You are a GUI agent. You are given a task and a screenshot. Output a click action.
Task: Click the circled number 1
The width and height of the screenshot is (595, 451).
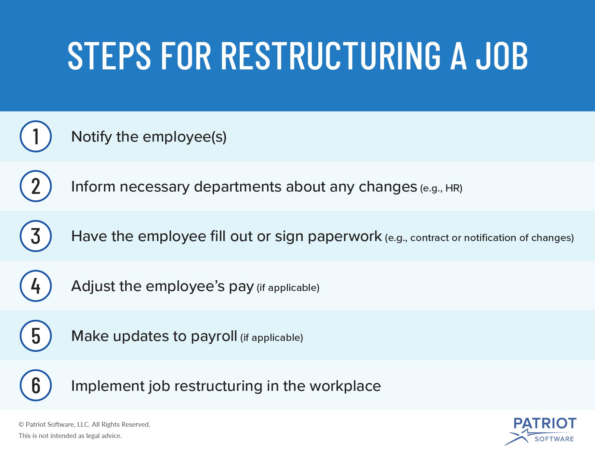[36, 136]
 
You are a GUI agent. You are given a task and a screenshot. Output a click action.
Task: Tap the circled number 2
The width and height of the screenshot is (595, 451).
[36, 186]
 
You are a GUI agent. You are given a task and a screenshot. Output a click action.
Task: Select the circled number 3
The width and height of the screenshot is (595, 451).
[36, 236]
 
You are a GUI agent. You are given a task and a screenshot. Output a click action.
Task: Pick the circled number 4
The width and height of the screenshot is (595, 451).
[36, 286]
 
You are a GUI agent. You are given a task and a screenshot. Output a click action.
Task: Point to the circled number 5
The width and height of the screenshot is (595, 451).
[36, 336]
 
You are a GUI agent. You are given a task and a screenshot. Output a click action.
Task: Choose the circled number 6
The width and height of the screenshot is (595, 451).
[36, 385]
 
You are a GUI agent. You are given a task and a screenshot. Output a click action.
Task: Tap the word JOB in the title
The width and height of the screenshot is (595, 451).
[502, 56]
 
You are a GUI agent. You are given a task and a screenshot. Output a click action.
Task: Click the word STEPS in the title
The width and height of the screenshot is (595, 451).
[109, 56]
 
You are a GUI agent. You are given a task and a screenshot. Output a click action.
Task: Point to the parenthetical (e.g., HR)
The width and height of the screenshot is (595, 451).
[441, 188]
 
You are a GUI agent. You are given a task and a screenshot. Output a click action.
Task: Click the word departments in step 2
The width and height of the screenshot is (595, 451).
[238, 187]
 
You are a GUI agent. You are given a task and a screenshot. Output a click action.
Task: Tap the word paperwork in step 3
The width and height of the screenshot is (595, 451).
[345, 237]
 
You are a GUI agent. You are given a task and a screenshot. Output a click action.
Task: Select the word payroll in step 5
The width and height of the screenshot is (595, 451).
[214, 336]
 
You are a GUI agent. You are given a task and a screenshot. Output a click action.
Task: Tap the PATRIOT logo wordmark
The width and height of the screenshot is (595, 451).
[545, 423]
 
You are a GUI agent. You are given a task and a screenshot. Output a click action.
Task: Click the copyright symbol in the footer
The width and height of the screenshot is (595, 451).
[21, 425]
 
